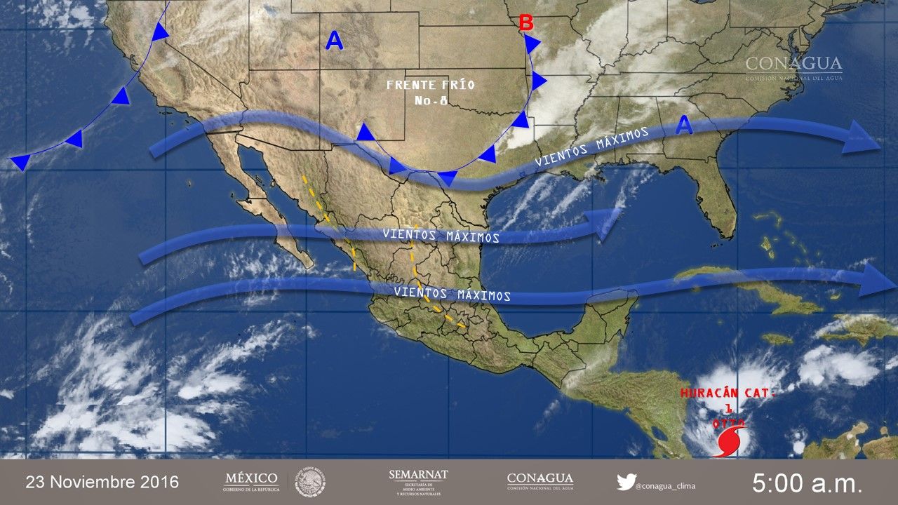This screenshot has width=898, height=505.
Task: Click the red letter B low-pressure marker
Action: [x=525, y=24]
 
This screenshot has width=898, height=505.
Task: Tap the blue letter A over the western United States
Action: [x=335, y=42]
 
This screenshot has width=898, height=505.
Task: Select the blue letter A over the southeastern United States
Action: [x=685, y=127]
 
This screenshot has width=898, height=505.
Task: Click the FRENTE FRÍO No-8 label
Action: [x=430, y=92]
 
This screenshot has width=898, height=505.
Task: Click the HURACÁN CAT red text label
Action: [x=728, y=394]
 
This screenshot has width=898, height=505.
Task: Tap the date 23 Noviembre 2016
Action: [x=102, y=483]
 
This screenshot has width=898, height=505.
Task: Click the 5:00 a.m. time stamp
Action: [x=807, y=483]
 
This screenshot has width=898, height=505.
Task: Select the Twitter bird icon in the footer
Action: [x=626, y=482]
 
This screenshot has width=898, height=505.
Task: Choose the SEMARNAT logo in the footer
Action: [x=418, y=482]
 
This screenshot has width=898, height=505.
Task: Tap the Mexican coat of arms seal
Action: [x=309, y=482]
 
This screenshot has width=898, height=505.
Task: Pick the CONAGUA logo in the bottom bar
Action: [x=540, y=481]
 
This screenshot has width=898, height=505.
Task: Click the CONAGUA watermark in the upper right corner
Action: [x=793, y=67]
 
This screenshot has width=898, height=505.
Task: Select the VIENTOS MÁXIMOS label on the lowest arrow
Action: [x=452, y=294]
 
